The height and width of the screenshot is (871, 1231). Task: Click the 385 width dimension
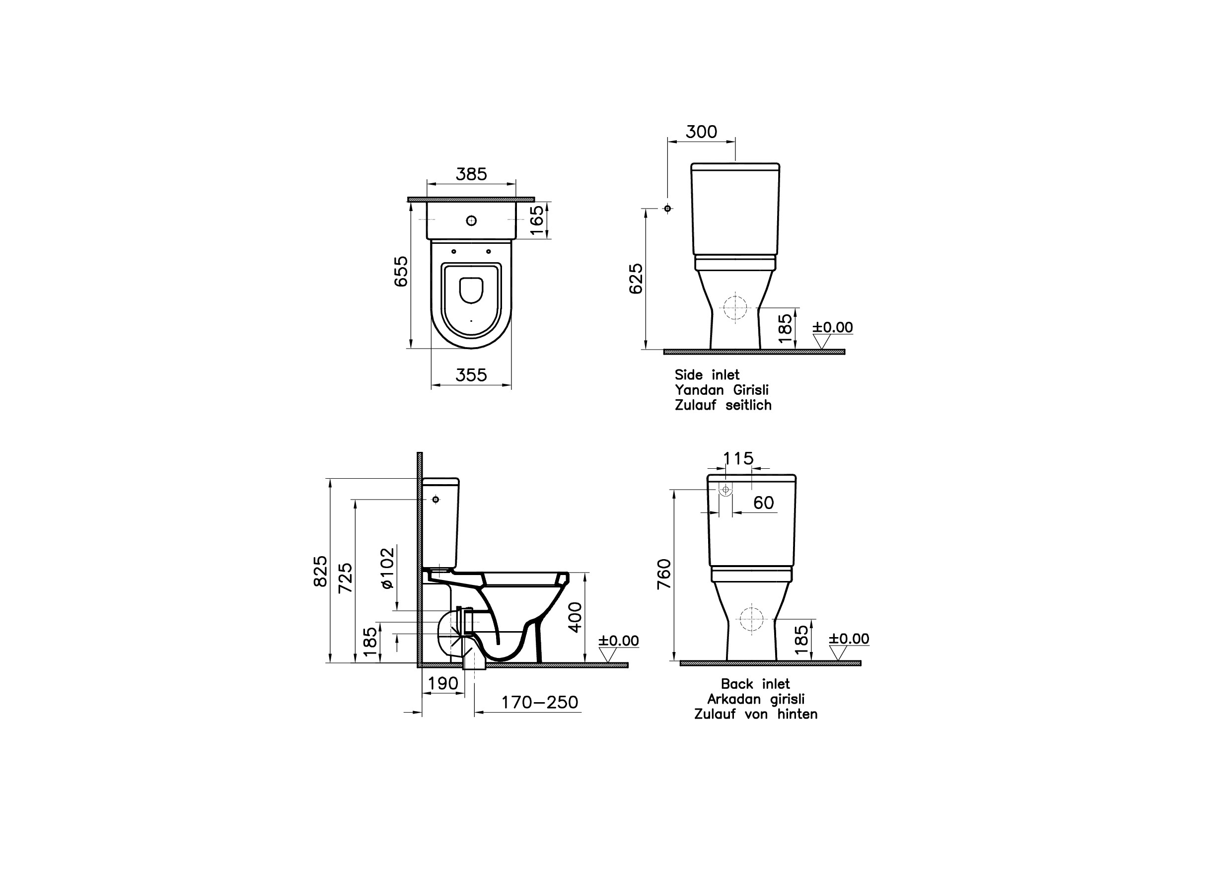click(x=471, y=174)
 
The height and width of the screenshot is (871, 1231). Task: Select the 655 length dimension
click(x=401, y=272)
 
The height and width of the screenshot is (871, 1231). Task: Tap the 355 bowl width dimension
click(x=471, y=375)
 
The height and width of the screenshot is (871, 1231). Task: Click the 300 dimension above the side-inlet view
click(x=702, y=132)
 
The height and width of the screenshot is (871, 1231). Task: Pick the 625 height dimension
click(x=636, y=279)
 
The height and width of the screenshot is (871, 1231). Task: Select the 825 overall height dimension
click(x=320, y=571)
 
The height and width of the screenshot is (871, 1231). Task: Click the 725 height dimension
click(x=346, y=578)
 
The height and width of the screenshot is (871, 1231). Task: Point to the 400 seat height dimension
click(x=575, y=617)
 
